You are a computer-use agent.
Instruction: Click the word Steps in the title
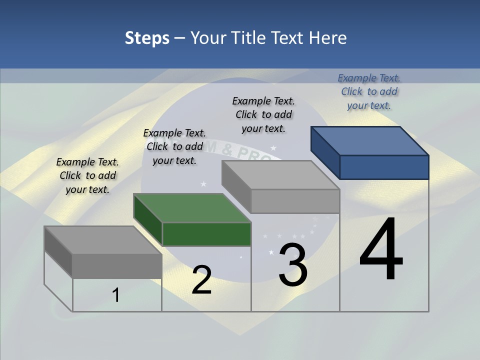147,38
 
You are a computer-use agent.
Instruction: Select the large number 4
381,250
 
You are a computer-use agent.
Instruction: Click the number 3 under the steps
293,265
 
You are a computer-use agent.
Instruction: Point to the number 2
201,280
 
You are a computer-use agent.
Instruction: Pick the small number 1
116,295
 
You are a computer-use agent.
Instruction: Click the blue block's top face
369,141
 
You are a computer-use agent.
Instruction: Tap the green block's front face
206,234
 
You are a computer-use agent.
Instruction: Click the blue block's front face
384,167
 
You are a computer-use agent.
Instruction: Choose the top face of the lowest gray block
103,240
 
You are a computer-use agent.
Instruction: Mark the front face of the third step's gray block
295,201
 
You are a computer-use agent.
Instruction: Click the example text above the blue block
369,91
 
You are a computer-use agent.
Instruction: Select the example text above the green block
174,146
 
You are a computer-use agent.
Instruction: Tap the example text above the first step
87,175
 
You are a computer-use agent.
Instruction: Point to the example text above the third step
263,114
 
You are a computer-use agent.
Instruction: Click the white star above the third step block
273,148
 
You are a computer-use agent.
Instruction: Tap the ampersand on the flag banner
225,149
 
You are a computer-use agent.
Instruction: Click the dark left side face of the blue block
325,152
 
